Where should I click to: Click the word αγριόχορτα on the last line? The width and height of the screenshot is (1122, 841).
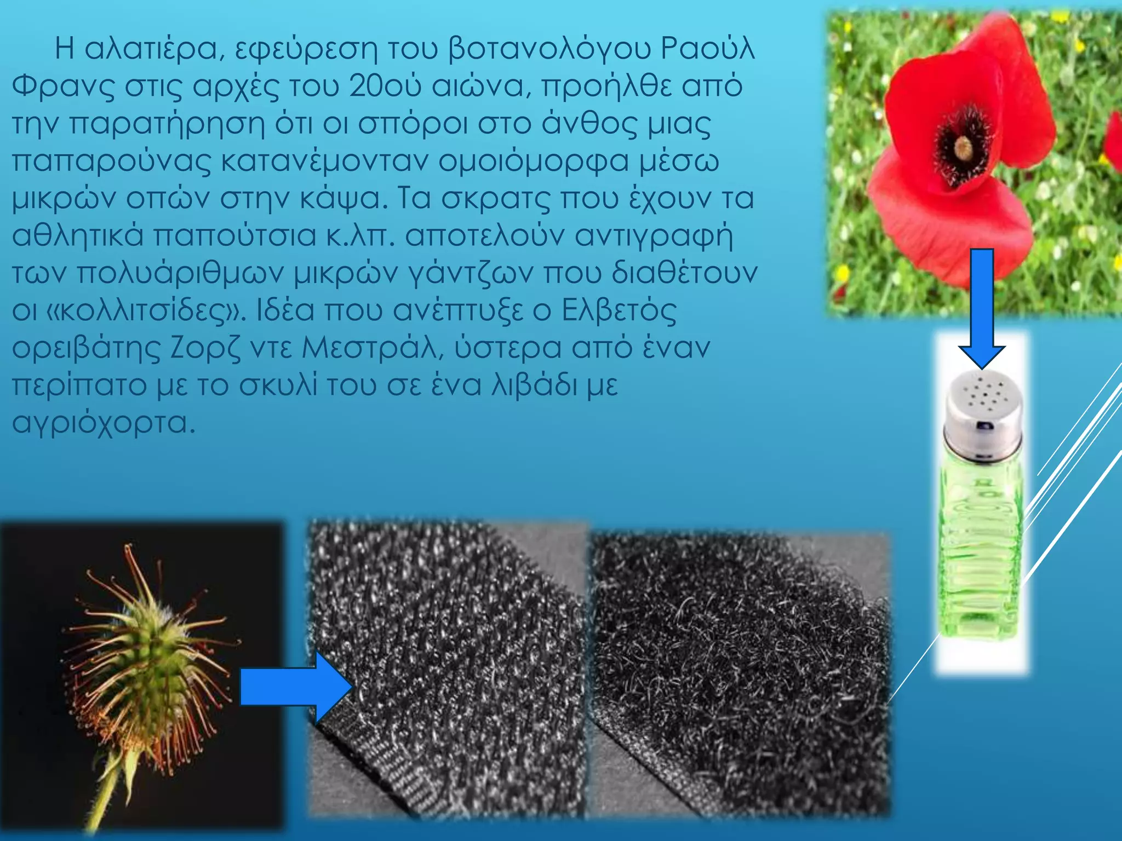[103, 423]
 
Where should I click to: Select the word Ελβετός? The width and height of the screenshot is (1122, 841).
[619, 311]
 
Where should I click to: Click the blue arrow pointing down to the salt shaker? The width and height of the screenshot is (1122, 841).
[982, 307]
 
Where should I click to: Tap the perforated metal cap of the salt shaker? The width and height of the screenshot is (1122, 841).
[983, 411]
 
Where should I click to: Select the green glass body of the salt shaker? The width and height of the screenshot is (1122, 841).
[981, 548]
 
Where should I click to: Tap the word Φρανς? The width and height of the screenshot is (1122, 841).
[63, 87]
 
